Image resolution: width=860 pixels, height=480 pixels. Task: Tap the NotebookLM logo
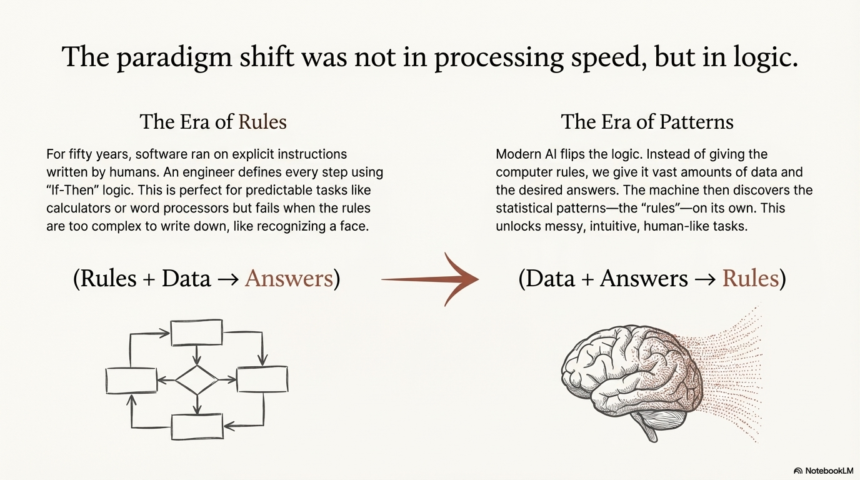(x=824, y=471)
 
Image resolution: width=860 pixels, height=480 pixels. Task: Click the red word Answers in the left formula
(x=289, y=278)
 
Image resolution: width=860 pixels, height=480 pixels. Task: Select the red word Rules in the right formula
(x=751, y=278)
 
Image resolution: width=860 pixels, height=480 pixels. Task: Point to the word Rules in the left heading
(x=262, y=122)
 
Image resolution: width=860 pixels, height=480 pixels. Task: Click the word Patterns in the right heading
(x=696, y=122)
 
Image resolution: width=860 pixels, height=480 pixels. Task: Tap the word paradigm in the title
(x=174, y=57)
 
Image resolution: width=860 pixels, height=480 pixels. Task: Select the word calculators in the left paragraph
(x=78, y=208)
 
